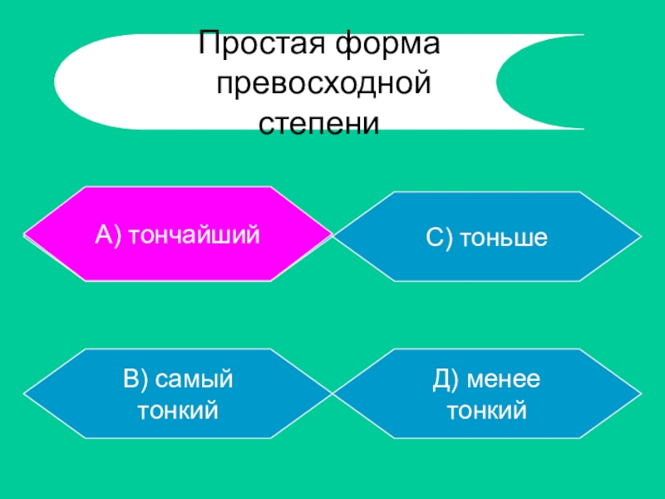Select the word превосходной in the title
point(325,85)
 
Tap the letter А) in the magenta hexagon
point(109,235)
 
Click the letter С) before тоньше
point(438,238)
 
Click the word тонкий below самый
point(178,409)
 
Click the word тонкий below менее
point(487,409)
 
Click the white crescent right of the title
point(549,82)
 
